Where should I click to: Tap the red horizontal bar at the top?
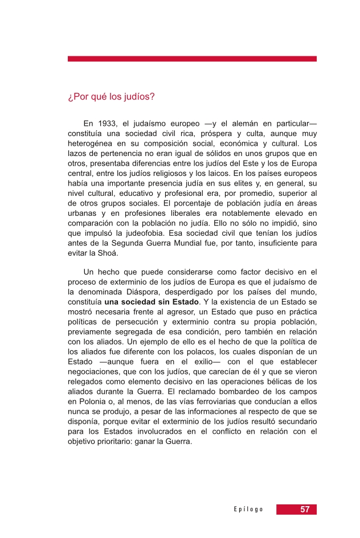click(192, 59)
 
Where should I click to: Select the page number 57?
click(305, 509)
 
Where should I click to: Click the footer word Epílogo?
click(248, 510)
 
